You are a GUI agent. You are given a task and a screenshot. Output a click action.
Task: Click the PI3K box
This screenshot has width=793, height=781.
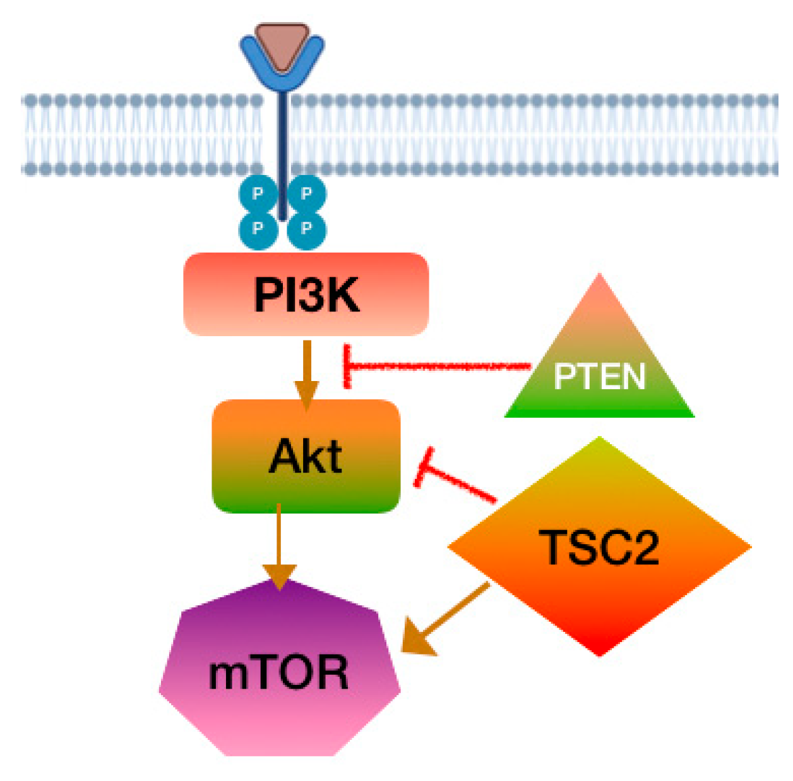[306, 294]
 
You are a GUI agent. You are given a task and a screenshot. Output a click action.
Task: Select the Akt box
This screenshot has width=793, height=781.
[306, 456]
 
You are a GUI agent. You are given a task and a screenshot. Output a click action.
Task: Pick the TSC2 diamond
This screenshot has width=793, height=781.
[599, 547]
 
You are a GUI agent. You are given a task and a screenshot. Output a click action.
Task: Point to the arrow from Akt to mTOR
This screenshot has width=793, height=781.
[279, 543]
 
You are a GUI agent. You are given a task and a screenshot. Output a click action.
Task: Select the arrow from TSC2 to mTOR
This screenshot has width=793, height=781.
[448, 619]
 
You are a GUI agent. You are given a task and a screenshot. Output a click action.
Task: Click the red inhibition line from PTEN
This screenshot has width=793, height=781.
[442, 366]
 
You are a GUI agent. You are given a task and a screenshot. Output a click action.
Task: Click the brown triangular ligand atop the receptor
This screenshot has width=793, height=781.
[282, 44]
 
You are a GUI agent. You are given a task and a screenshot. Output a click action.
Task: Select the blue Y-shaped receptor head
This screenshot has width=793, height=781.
[282, 70]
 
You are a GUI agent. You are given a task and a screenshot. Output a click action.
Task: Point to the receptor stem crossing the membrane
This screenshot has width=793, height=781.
[282, 136]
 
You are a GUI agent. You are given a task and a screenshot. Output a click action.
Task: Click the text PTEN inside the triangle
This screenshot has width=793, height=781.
[599, 377]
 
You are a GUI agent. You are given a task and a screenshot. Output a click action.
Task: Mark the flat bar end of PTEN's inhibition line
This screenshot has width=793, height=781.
[347, 366]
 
